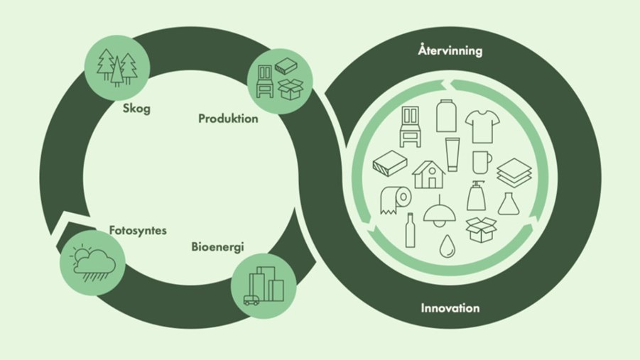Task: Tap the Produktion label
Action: point(228,119)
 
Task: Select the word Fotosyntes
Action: point(137,231)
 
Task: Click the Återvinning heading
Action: point(450,51)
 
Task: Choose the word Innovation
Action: point(450,308)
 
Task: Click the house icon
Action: point(429,173)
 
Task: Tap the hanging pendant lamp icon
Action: point(438,211)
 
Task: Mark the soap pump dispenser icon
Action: point(475,195)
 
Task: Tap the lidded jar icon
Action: point(445,116)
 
